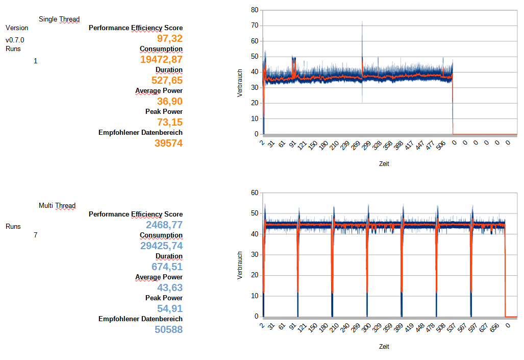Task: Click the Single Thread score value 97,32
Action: (x=169, y=39)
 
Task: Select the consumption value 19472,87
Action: (x=161, y=60)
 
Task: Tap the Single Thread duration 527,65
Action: (x=167, y=80)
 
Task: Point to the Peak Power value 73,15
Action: (x=170, y=122)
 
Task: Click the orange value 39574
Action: (x=168, y=143)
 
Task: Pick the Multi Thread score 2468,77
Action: (x=164, y=225)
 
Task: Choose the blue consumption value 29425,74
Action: (x=161, y=246)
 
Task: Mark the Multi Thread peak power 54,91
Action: (x=170, y=308)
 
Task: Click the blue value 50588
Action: (x=168, y=329)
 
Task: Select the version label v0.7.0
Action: (x=15, y=40)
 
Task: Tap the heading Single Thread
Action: (x=59, y=19)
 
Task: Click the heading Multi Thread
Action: (x=57, y=206)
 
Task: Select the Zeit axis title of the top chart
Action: (x=384, y=164)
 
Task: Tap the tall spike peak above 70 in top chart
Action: (x=362, y=22)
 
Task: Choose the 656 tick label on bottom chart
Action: (x=494, y=328)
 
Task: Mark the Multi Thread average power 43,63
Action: (x=170, y=287)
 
